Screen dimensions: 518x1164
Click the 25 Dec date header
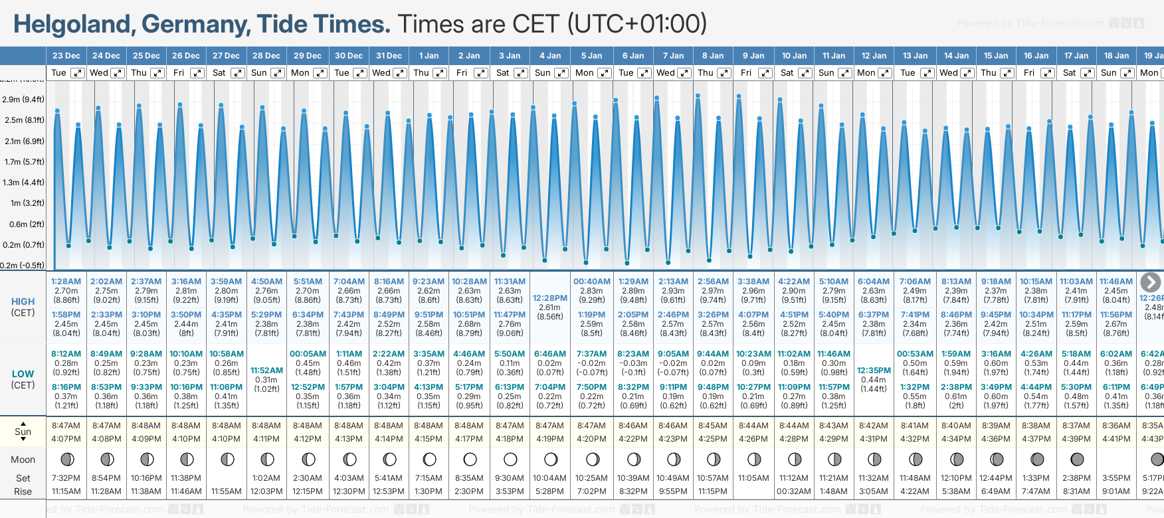click(146, 56)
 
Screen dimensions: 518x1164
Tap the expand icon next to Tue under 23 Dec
click(78, 73)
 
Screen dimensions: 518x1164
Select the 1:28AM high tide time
click(66, 282)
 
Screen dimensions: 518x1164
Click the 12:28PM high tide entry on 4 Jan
click(550, 298)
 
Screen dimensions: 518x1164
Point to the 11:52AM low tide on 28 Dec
click(266, 371)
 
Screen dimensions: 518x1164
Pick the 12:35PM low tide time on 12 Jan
click(874, 371)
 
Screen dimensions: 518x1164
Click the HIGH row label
click(23, 302)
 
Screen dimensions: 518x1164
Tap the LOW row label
click(23, 374)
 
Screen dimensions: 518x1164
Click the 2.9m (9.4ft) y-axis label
click(23, 100)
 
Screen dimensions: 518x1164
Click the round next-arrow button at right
click(1150, 282)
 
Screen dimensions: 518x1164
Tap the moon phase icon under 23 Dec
click(66, 459)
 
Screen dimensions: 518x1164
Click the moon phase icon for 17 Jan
click(1077, 459)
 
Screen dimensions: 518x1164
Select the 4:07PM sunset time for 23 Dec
click(66, 439)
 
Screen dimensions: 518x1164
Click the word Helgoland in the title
click(73, 25)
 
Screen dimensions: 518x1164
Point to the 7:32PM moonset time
click(66, 478)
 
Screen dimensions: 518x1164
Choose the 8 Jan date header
click(714, 56)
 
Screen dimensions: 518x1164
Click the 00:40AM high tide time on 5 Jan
click(591, 282)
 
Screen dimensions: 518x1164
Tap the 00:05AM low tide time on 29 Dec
click(308, 354)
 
